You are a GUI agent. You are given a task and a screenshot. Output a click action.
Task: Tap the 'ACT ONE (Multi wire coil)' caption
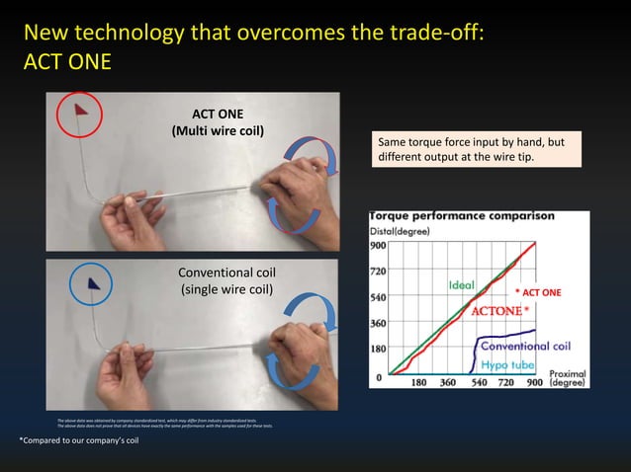point(218,121)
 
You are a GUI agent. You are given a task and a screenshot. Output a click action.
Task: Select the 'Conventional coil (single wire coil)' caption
point(226,280)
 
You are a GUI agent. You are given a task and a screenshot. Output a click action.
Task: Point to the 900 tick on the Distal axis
point(378,244)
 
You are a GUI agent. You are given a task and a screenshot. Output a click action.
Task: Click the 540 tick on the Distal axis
point(378,296)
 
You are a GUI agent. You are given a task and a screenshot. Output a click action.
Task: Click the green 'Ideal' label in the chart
point(462,285)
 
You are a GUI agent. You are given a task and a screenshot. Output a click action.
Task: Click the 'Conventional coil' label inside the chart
point(524,346)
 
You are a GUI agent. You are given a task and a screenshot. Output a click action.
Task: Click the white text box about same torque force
point(475,150)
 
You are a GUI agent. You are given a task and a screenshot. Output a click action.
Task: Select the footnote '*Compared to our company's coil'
point(79,439)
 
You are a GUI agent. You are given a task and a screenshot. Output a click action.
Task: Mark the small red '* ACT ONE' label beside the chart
point(537,292)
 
